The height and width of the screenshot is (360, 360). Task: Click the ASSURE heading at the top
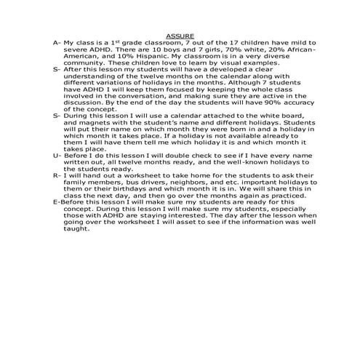(x=180, y=35)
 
